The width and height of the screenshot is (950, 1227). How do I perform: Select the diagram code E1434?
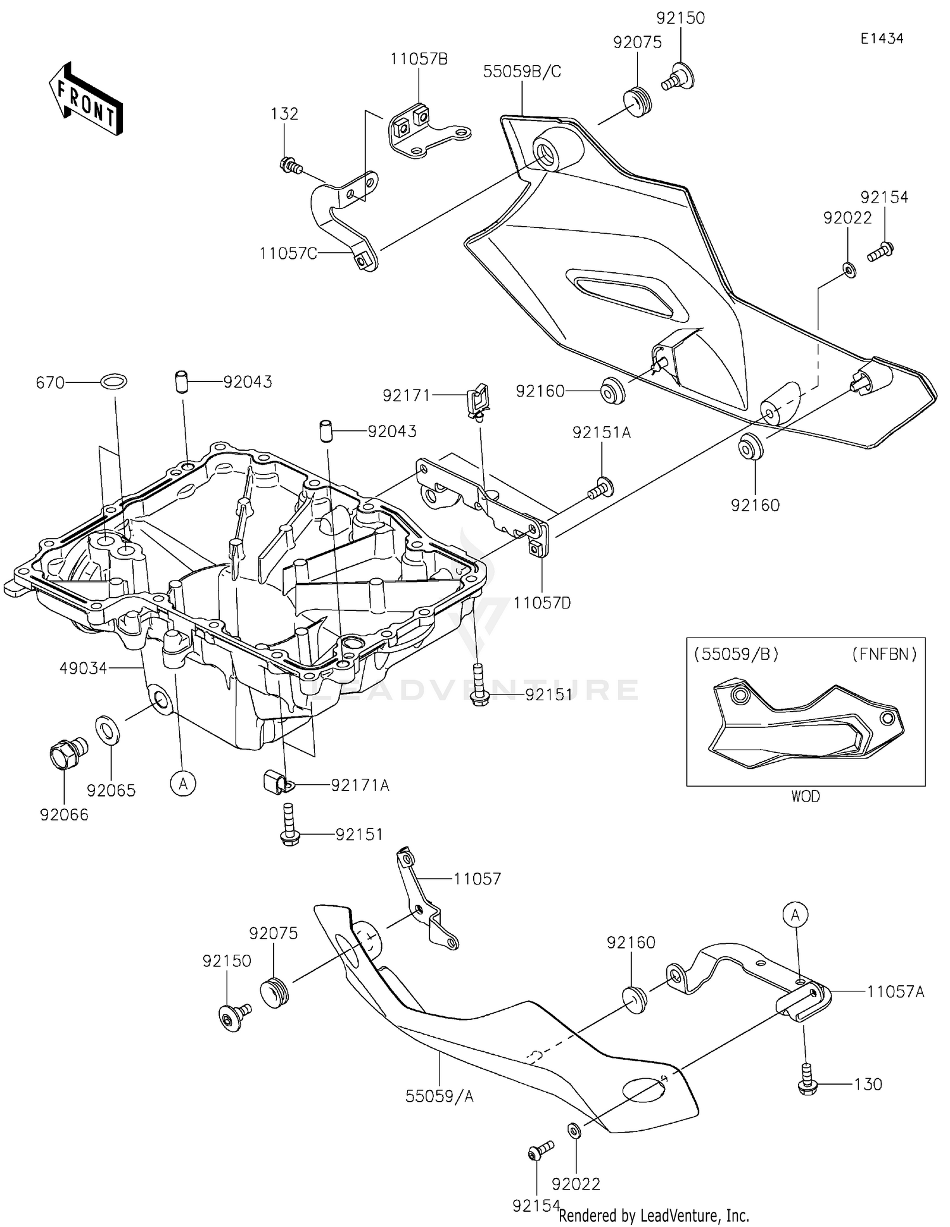coord(882,39)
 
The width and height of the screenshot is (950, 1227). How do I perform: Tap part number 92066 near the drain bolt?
coord(64,815)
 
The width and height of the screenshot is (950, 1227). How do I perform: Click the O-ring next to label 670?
coord(114,382)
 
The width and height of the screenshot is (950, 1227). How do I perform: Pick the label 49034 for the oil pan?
coord(83,668)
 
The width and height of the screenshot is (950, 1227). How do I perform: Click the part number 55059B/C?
coord(522,72)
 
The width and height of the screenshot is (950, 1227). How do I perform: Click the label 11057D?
coord(542,603)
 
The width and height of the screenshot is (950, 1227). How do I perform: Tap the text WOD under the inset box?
coord(805,796)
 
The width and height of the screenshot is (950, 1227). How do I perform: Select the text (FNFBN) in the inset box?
coord(884,654)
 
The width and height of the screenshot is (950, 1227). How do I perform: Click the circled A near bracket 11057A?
coord(795,914)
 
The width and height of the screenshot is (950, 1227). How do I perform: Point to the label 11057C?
coord(288,254)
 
